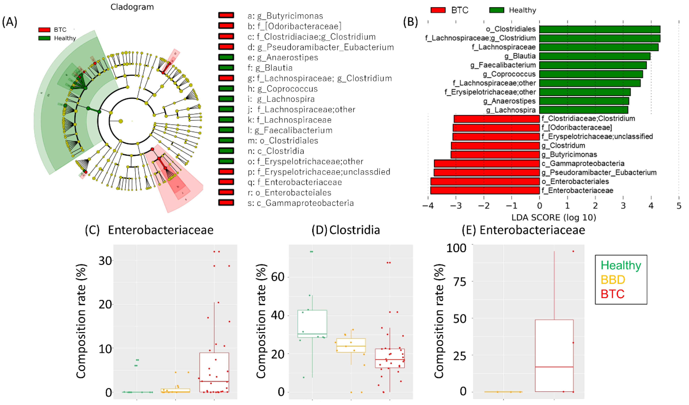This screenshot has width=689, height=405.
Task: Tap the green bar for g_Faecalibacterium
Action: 593,65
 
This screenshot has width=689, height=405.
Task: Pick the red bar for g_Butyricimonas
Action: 495,155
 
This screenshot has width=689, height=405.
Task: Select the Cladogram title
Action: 132,7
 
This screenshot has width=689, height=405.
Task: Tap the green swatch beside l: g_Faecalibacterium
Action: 226,130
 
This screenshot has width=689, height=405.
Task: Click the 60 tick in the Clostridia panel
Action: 278,277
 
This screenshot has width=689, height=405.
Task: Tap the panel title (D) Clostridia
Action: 346,230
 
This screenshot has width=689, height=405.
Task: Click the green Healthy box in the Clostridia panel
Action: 312,323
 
